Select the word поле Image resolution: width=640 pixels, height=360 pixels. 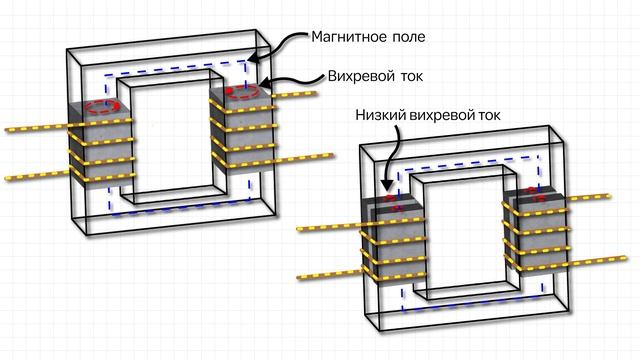[x=409, y=37]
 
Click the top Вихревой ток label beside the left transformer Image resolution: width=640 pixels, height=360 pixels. [x=377, y=75]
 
